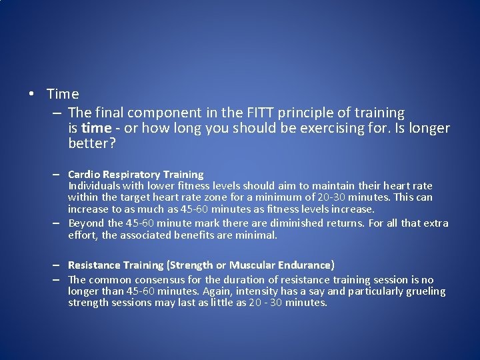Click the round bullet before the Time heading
(x=32, y=94)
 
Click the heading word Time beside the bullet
(x=63, y=94)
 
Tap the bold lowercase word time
(x=95, y=128)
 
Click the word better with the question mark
(x=92, y=143)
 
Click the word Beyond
(x=86, y=223)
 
